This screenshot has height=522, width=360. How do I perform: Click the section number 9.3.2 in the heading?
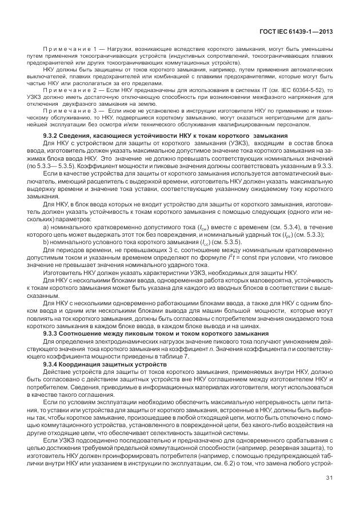coord(52,135)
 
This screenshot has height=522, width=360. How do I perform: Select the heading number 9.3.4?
coord(52,364)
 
